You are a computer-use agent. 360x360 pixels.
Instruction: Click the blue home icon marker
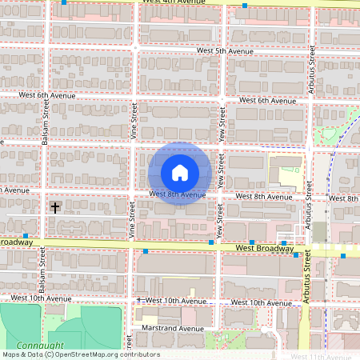click(x=180, y=172)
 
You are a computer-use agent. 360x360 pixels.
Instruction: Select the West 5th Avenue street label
click(x=225, y=51)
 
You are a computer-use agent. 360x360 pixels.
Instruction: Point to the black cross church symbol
click(x=55, y=207)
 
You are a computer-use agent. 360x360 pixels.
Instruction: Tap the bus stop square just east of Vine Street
click(x=146, y=251)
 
